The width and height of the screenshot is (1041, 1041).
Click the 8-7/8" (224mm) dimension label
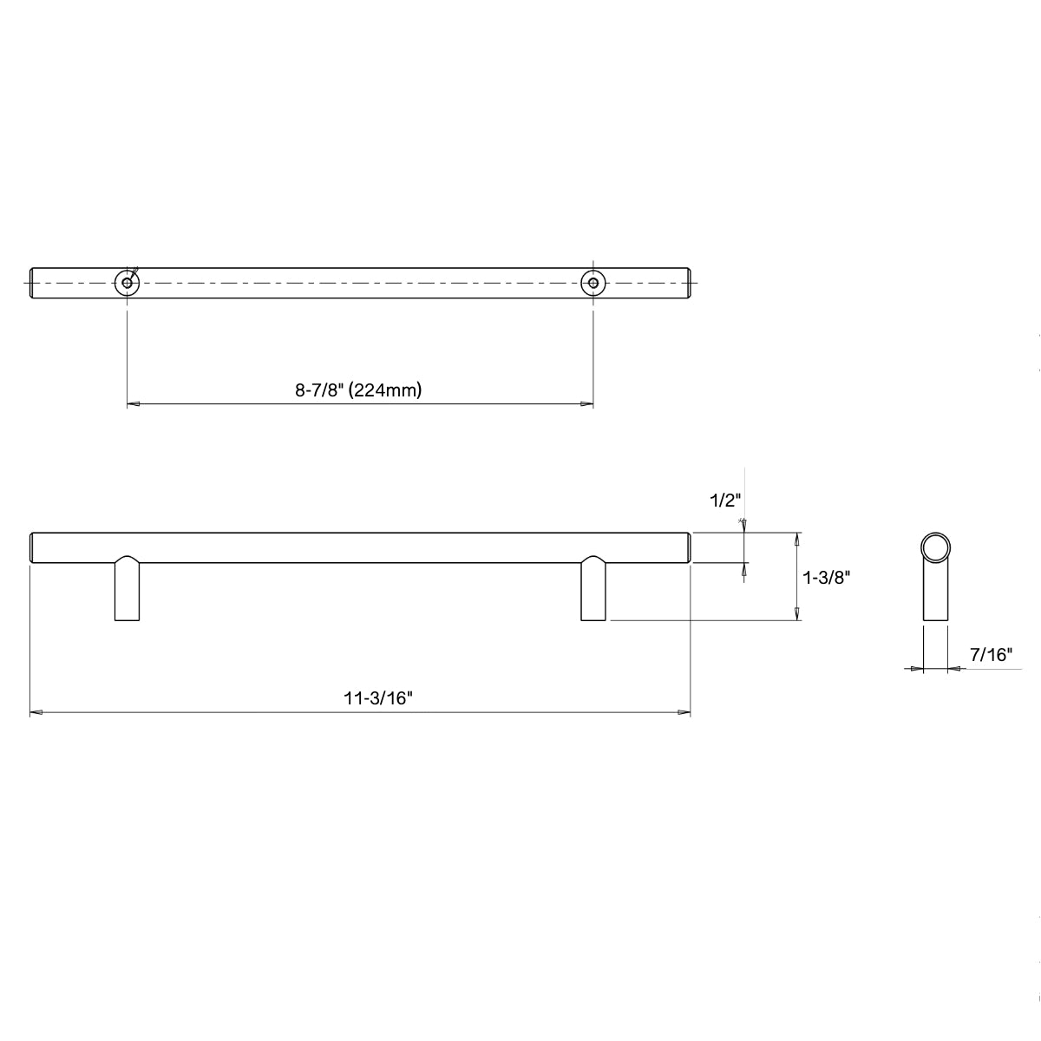(358, 390)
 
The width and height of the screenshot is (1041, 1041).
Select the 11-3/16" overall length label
(376, 698)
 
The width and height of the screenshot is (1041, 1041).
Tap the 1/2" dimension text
(723, 501)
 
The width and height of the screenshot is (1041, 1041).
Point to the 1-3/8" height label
(825, 577)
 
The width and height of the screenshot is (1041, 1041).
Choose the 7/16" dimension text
(992, 655)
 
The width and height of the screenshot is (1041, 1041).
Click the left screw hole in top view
(128, 283)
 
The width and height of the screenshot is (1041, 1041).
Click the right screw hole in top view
(593, 283)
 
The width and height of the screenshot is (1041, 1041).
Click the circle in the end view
(935, 547)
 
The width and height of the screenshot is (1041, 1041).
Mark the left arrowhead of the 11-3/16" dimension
(36, 713)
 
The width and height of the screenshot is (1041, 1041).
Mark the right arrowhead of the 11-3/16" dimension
(684, 713)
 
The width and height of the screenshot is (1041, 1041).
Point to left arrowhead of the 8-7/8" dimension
(134, 404)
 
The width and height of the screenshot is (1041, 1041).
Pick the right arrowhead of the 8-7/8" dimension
(587, 404)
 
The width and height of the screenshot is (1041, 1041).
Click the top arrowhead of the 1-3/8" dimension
(796, 538)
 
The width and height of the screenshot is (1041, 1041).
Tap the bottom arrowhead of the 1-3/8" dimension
(796, 614)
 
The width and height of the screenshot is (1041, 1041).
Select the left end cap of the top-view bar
(33, 283)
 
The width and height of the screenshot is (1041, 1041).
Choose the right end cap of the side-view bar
(689, 547)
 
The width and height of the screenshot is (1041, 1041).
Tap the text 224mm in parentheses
(387, 390)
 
